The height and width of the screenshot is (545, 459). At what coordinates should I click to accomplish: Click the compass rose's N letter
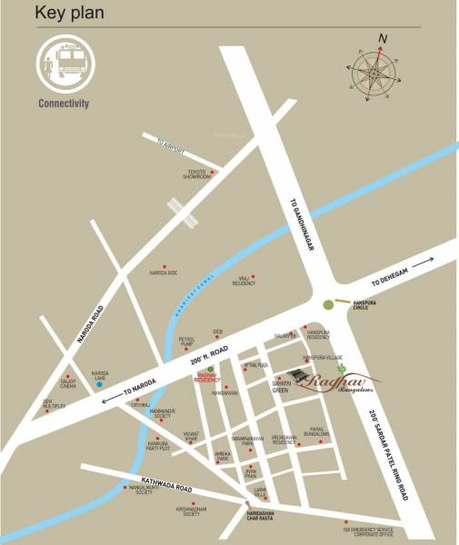384,38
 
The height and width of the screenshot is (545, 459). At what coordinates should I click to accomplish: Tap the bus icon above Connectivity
63,64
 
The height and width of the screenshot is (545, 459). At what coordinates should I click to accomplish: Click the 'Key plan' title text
68,13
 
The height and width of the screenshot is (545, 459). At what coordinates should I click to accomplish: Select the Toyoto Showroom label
199,173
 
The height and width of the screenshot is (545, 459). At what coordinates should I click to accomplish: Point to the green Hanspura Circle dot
328,305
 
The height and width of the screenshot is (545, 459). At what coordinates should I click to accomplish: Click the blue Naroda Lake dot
98,383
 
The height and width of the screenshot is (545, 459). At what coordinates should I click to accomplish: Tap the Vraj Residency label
244,282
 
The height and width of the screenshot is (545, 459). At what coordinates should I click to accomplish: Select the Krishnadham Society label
189,511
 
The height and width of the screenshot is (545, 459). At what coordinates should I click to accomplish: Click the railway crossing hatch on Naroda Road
185,217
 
